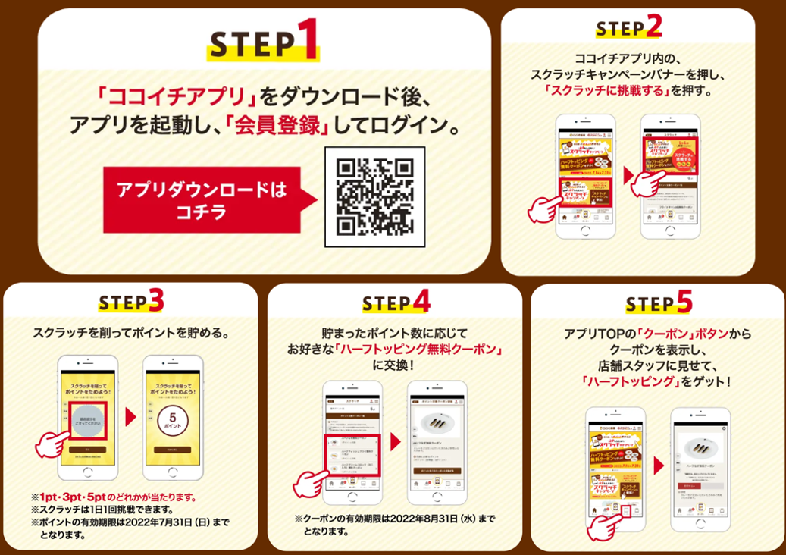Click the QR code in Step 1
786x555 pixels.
(x=374, y=196)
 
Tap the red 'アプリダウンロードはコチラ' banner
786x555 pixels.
(x=201, y=199)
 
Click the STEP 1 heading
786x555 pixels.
(x=263, y=43)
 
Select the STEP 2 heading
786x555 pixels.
(x=628, y=27)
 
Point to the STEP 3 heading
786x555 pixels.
(x=130, y=302)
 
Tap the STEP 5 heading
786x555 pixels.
(x=658, y=303)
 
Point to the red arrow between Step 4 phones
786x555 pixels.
(x=396, y=441)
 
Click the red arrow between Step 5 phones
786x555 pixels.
(x=658, y=464)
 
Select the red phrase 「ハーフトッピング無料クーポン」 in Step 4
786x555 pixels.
(x=422, y=349)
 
